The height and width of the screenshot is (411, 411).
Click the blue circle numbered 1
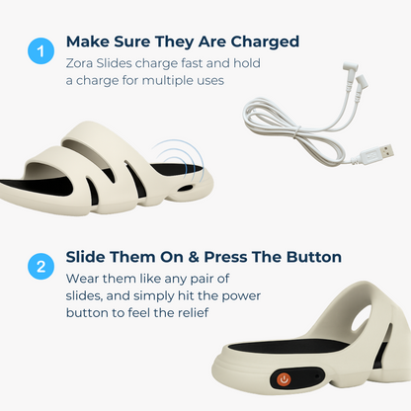(x=41, y=50)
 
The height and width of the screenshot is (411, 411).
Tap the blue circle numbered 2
(x=41, y=266)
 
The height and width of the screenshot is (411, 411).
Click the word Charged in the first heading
(x=265, y=41)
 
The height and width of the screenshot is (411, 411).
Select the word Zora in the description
(x=79, y=63)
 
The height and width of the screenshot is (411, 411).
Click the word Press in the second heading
(x=225, y=257)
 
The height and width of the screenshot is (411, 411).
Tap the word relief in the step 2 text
(x=193, y=312)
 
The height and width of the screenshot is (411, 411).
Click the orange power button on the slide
(x=284, y=379)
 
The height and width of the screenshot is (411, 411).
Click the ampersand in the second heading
(x=194, y=257)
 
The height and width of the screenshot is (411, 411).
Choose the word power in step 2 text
(x=241, y=295)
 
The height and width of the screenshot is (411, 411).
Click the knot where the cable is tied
(x=297, y=131)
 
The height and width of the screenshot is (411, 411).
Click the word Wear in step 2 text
(x=82, y=279)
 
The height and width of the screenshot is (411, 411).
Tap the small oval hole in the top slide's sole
(x=187, y=188)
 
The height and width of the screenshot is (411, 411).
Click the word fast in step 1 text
(x=192, y=63)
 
